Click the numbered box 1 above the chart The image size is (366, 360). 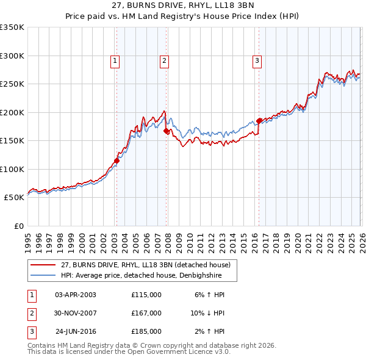tap(115, 60)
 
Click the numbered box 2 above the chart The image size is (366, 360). tap(165, 60)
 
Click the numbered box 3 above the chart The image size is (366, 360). tap(257, 60)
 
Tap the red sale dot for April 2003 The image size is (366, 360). tap(117, 161)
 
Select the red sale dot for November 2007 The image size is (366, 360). tap(167, 131)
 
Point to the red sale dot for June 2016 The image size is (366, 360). tap(259, 121)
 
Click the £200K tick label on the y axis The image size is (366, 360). tap(12, 112)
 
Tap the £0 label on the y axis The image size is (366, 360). tap(19, 226)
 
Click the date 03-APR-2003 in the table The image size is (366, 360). tap(76, 295)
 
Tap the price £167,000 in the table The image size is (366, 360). tap(146, 313)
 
